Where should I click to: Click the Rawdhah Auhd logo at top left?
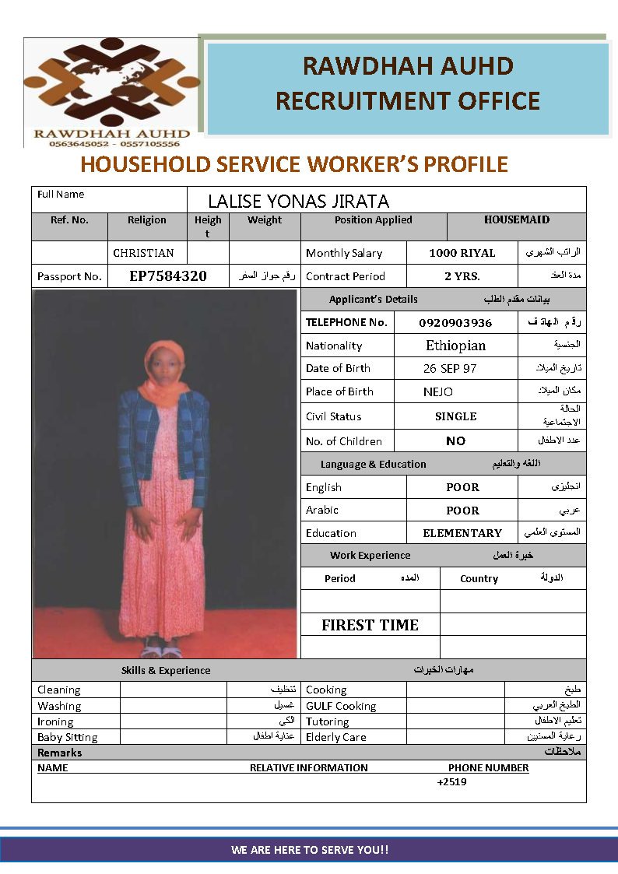coord(111,92)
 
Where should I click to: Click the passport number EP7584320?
coord(167,276)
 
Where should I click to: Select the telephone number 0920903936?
coord(455,323)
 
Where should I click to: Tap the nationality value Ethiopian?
coord(455,346)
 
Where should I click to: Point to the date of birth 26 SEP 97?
coord(450,368)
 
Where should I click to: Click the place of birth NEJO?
coord(437,391)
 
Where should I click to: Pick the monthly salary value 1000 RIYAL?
coord(462,253)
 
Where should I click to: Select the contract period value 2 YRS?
coord(462,276)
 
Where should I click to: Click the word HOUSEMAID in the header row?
coord(516,219)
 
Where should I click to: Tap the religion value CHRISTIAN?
coord(143,253)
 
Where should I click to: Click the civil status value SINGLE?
coord(455,416)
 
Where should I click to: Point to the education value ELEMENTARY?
coord(462,533)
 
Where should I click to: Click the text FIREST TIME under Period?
coord(370,625)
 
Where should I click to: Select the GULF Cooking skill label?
coord(341,706)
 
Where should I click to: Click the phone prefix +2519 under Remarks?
coord(451,782)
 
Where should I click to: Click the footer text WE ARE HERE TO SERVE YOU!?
coord(309,850)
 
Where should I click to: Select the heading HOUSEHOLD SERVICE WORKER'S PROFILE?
coord(294,165)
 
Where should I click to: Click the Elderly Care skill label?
coord(335,737)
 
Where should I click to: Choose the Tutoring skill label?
coord(327,721)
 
